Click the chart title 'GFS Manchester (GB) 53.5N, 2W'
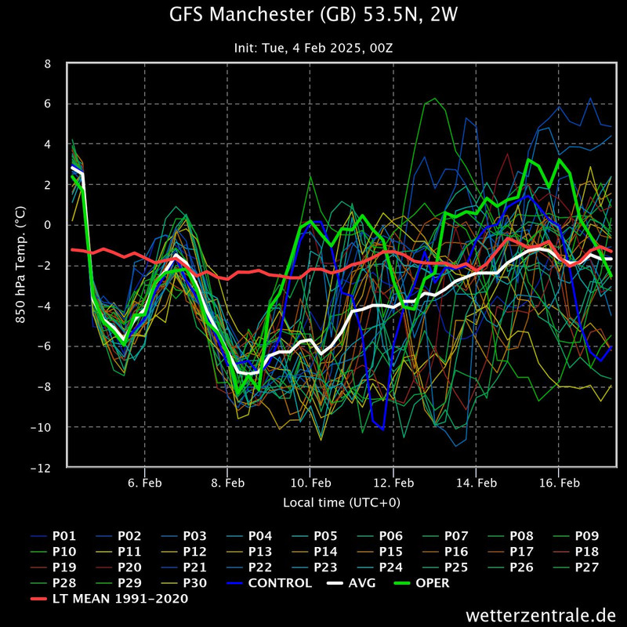pyautogui.click(x=313, y=15)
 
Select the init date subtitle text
pyautogui.click(x=313, y=48)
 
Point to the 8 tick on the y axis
pyautogui.click(x=48, y=63)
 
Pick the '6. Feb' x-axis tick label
pyautogui.click(x=144, y=483)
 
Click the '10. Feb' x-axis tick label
pyautogui.click(x=310, y=483)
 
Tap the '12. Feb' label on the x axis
pyautogui.click(x=393, y=483)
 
